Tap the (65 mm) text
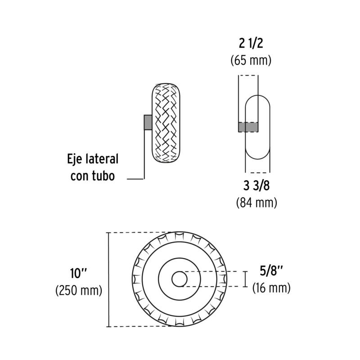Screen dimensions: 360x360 coord(251,60)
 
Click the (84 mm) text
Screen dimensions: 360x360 coord(256,203)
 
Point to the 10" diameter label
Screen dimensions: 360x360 coord(79,273)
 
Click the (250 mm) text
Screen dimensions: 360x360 coord(79,290)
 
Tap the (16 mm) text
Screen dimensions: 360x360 coord(271,288)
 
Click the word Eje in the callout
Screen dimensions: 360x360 coord(76,159)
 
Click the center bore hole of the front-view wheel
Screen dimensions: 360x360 coord(180,279)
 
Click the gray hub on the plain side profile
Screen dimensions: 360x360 coord(248,127)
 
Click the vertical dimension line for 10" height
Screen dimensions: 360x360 coord(108,279)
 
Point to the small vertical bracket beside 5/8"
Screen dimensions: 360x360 coord(245,279)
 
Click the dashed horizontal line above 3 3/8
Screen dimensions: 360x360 coord(257,172)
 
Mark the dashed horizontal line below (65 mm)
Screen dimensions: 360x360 coord(248,76)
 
